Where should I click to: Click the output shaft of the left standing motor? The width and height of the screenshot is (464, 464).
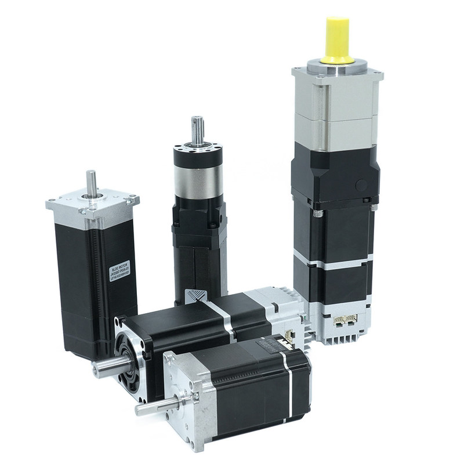tap(91, 183)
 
